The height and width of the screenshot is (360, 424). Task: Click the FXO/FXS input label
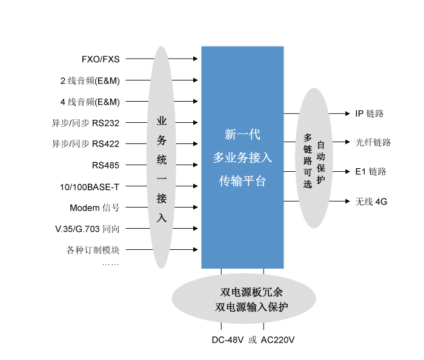click(x=101, y=59)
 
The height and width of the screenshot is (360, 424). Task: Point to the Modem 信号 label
click(x=94, y=208)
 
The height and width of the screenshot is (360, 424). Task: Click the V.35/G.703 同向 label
click(x=87, y=229)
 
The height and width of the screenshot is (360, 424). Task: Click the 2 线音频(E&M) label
click(x=90, y=80)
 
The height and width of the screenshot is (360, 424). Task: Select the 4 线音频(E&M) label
click(x=90, y=102)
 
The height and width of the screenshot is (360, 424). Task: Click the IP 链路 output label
click(x=369, y=114)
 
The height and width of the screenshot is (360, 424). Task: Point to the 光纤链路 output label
click(x=373, y=143)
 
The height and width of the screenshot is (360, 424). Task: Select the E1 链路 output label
click(x=371, y=172)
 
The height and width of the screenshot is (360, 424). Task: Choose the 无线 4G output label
click(x=371, y=201)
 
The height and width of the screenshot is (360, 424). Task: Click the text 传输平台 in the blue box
click(x=242, y=181)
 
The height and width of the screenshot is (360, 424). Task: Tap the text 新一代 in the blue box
click(x=242, y=134)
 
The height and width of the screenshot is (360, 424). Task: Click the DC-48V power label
click(x=227, y=340)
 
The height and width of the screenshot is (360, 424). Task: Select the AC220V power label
click(x=277, y=340)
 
